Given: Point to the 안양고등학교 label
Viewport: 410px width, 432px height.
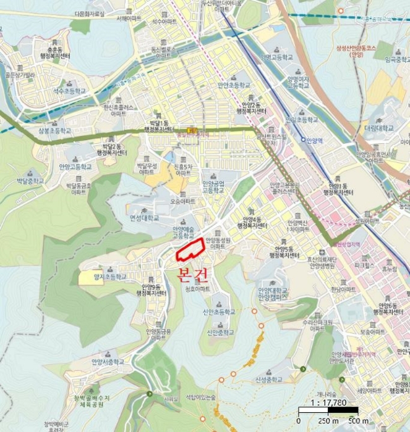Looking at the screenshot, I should (75, 167).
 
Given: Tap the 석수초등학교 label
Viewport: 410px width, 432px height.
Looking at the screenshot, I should (69, 91).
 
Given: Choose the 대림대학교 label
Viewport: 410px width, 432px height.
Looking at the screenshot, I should (378, 128).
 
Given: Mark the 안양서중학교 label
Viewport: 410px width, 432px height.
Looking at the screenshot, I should (108, 362).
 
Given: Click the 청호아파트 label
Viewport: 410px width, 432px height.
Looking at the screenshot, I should (197, 288).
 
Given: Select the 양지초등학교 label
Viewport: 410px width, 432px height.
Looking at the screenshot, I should (109, 277).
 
